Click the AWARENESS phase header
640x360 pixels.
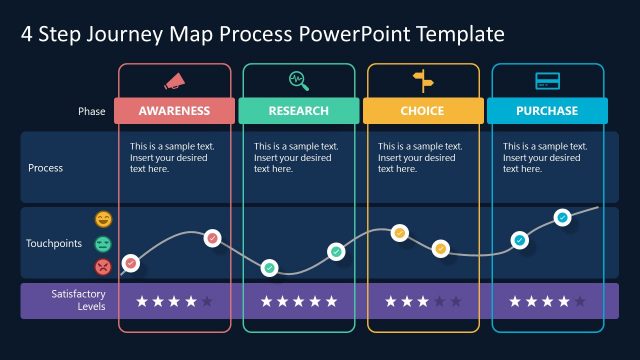174,111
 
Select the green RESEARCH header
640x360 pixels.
299,111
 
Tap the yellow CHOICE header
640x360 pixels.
423,111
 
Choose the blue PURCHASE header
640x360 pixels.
547,111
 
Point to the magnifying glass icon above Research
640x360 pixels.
299,80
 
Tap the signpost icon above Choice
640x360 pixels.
423,80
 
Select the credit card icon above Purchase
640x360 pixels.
547,80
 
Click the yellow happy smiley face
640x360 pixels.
103,219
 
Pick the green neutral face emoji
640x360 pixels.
103,243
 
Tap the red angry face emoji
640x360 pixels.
103,266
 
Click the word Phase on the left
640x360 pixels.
91,111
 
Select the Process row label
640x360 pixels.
45,168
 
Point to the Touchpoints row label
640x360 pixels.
54,243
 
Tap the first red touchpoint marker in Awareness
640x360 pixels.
130,264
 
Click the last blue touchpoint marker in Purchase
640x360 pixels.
562,217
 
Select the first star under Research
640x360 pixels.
267,301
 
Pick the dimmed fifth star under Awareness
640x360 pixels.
207,301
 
